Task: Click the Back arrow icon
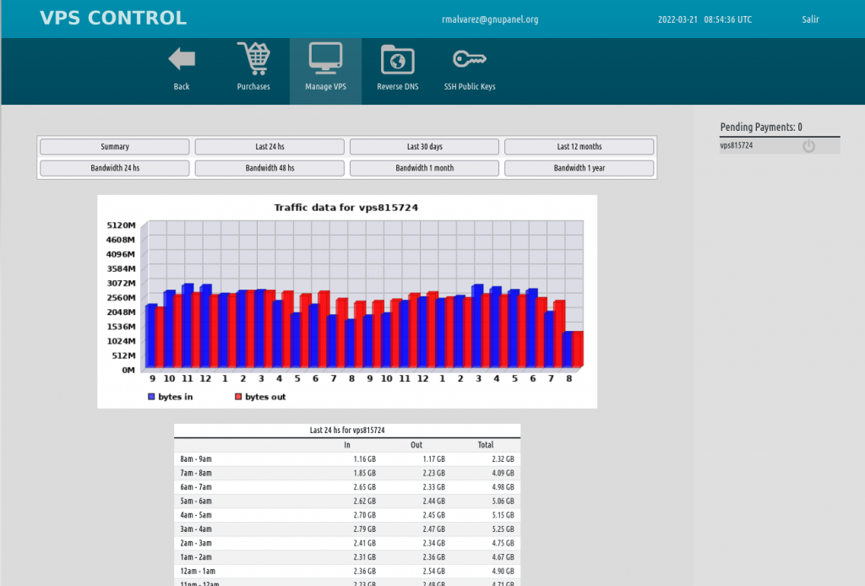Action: [182, 59]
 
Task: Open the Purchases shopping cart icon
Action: [253, 59]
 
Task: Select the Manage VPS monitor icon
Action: [325, 57]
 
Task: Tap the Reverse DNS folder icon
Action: [397, 59]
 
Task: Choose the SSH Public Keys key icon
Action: [470, 59]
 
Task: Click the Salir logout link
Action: [809, 19]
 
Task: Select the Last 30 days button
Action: [424, 147]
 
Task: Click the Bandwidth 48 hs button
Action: [269, 168]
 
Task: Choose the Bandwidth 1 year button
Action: [579, 168]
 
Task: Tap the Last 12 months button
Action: [579, 147]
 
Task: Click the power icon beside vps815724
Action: [808, 146]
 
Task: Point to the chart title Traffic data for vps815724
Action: [346, 208]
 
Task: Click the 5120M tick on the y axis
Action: [121, 225]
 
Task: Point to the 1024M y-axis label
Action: [121, 341]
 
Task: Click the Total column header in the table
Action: [485, 445]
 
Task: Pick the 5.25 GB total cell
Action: [502, 529]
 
